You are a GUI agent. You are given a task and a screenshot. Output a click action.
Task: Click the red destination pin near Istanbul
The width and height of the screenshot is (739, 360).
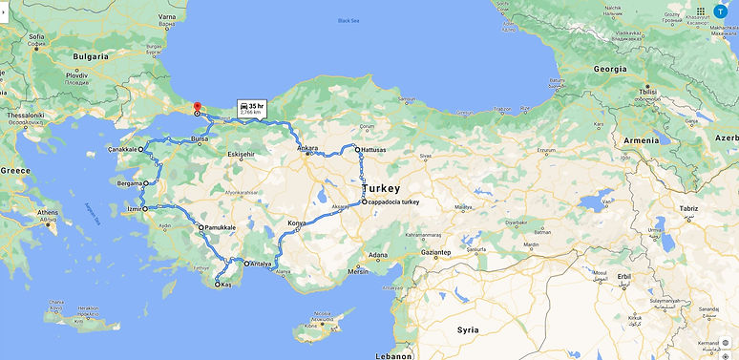197,108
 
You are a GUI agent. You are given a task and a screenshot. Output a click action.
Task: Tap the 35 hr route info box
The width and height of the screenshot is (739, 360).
251,107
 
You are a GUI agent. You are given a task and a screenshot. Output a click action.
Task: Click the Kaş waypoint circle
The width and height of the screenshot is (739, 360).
218,285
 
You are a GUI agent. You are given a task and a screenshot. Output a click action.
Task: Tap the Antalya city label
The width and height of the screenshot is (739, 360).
262,264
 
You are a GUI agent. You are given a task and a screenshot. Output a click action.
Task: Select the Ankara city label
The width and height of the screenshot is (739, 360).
307,148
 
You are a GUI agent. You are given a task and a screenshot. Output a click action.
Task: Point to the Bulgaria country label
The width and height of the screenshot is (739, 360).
91,56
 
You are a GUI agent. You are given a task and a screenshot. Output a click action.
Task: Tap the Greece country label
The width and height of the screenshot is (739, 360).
15,169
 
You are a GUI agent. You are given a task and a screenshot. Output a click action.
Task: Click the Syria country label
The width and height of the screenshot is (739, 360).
468,329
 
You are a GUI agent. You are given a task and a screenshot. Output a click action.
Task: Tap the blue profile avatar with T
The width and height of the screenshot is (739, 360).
720,11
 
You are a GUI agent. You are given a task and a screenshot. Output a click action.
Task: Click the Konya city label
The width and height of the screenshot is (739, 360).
298,223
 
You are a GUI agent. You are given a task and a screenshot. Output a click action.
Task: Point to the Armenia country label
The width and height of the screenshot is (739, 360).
641,140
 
